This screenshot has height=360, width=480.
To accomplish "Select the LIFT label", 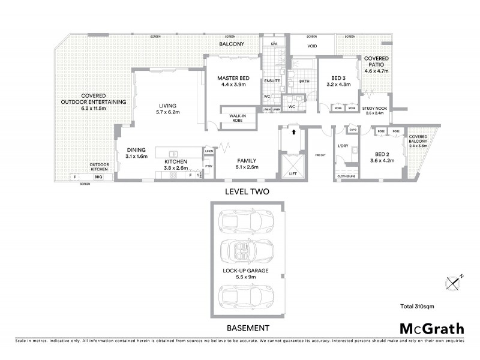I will [293, 174].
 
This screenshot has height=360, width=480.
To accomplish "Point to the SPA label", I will [274, 44].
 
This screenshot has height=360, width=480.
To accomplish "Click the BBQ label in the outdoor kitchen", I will [98, 177].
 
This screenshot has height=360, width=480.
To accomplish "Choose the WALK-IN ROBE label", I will [235, 117].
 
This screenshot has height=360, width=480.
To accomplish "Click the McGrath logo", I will [431, 328].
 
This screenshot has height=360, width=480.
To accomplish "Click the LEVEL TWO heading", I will [247, 193].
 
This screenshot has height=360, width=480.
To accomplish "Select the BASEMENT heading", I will [247, 328].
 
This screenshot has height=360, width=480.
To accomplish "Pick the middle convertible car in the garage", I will [247, 251].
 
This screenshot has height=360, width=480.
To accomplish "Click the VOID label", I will [312, 45].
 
